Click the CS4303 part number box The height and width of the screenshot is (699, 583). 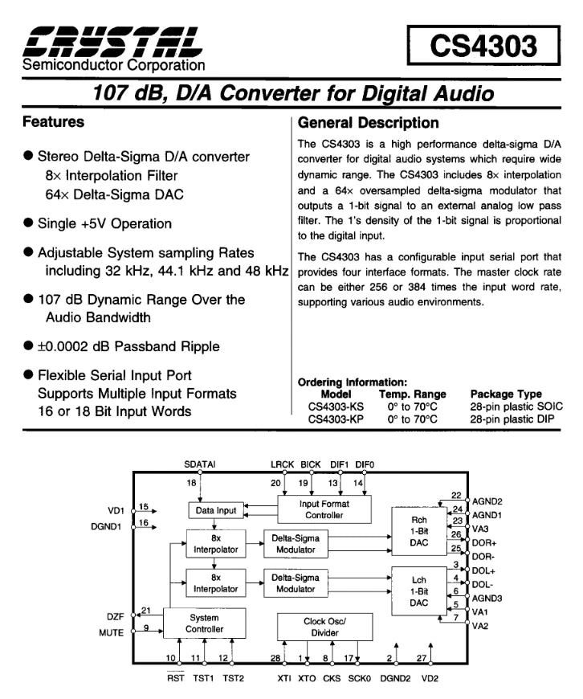pyautogui.click(x=483, y=46)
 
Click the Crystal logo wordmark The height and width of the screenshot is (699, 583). pyautogui.click(x=112, y=42)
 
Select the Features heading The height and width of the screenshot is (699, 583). pyautogui.click(x=54, y=121)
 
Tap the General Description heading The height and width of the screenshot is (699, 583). pyautogui.click(x=368, y=123)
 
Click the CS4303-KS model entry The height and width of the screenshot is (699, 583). pyautogui.click(x=336, y=407)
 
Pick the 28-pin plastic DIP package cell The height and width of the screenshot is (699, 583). pyautogui.click(x=512, y=419)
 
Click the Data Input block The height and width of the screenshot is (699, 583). pyautogui.click(x=216, y=510)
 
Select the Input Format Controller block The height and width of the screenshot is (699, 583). pyautogui.click(x=324, y=509)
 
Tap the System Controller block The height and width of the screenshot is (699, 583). pyautogui.click(x=204, y=623)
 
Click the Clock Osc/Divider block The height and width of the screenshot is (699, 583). pyautogui.click(x=324, y=627)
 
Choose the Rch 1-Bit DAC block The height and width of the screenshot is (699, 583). pyautogui.click(x=419, y=531)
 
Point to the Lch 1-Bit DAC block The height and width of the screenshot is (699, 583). pyautogui.click(x=419, y=591)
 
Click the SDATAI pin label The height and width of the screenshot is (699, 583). pyautogui.click(x=200, y=464)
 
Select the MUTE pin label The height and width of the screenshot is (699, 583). pyautogui.click(x=112, y=633)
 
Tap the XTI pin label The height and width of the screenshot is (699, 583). pyautogui.click(x=284, y=678)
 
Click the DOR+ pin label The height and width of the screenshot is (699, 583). pyautogui.click(x=484, y=543)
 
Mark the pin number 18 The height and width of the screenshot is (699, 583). pyautogui.click(x=191, y=483)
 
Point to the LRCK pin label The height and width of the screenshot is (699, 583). pyautogui.click(x=282, y=464)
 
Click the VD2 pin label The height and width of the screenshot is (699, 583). pyautogui.click(x=430, y=678)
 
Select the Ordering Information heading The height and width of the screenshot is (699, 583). pyautogui.click(x=353, y=382)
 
